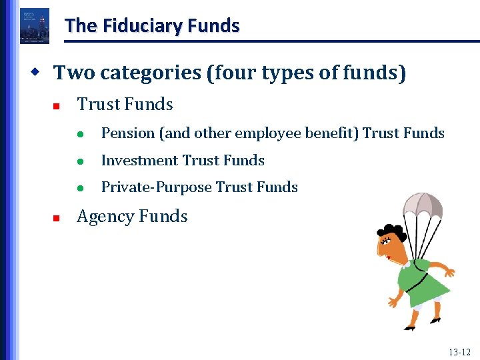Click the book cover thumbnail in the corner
(34, 26)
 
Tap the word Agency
(103, 216)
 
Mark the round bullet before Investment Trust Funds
(79, 161)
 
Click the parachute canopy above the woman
(423, 204)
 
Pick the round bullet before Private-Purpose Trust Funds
(79, 188)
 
